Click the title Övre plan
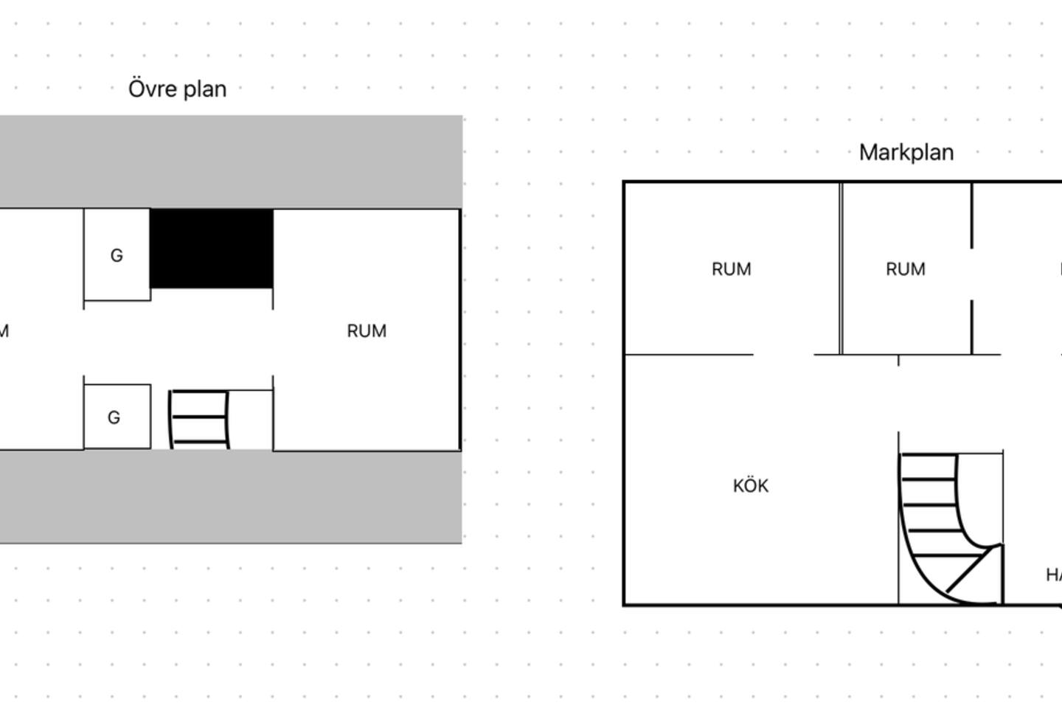point(177,89)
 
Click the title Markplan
point(906,153)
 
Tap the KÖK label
point(751,486)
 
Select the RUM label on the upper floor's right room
point(367,331)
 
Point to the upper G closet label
point(117,256)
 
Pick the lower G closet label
point(114,418)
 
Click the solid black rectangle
point(212,249)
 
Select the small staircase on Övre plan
point(199,419)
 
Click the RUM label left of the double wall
point(731,270)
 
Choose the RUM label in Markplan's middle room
point(905,270)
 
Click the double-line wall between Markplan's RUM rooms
point(841,269)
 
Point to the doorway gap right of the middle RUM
point(971,274)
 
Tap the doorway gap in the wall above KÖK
point(783,355)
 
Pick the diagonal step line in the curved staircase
point(965,573)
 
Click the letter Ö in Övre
point(136,88)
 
